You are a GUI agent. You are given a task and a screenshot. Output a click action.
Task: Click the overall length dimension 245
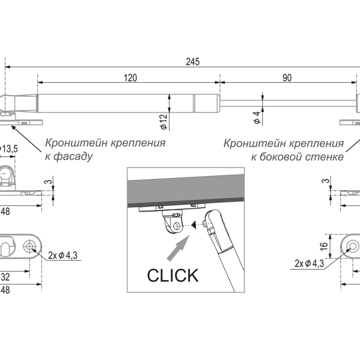(192, 62)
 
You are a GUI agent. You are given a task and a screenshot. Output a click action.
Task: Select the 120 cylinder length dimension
(131, 78)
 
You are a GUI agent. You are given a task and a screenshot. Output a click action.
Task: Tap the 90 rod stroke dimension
(287, 78)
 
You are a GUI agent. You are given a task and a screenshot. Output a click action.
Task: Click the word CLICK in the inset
(172, 275)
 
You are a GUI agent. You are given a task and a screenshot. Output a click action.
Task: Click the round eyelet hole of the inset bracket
(177, 225)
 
